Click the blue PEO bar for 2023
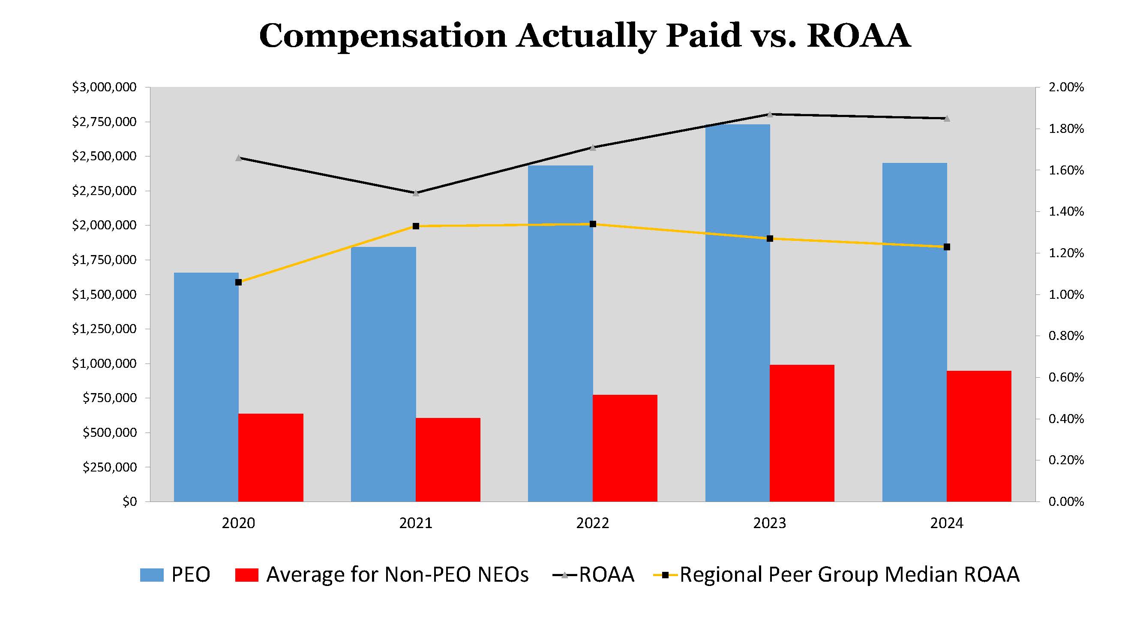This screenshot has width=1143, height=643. pyautogui.click(x=737, y=313)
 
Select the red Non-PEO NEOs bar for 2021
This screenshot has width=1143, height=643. pyautogui.click(x=448, y=460)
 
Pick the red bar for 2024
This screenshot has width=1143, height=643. pyautogui.click(x=979, y=436)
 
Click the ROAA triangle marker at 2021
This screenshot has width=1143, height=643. pyautogui.click(x=416, y=193)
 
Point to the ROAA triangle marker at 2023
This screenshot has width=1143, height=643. pyautogui.click(x=770, y=114)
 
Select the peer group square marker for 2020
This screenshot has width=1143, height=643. pyautogui.click(x=238, y=282)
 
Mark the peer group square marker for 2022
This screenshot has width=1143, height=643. pyautogui.click(x=593, y=224)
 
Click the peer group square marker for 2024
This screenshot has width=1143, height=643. pyautogui.click(x=946, y=247)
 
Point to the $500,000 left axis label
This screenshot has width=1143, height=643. pyautogui.click(x=110, y=433)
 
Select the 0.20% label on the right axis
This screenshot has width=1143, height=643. pyautogui.click(x=1066, y=460)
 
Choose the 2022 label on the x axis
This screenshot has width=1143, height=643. pyautogui.click(x=592, y=523)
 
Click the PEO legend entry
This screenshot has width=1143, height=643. pyautogui.click(x=175, y=575)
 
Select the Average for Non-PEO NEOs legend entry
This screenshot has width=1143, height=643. pyautogui.click(x=382, y=575)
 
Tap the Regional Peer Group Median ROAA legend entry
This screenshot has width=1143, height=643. pyautogui.click(x=837, y=575)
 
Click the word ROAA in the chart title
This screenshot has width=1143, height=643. pyautogui.click(x=858, y=36)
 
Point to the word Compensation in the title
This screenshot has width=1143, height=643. pyautogui.click(x=382, y=36)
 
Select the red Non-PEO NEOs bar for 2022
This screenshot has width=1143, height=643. pyautogui.click(x=625, y=448)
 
